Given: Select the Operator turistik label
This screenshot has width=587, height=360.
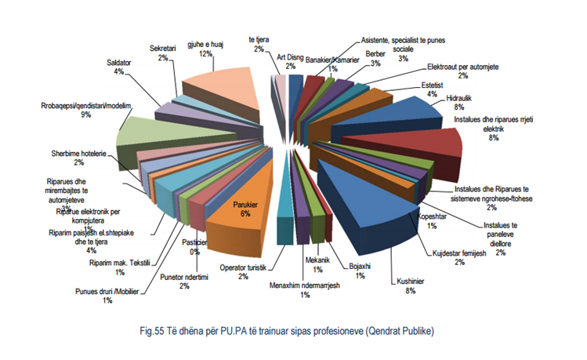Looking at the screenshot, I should (243, 271).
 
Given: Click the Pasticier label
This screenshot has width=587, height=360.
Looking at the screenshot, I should (194, 247).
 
